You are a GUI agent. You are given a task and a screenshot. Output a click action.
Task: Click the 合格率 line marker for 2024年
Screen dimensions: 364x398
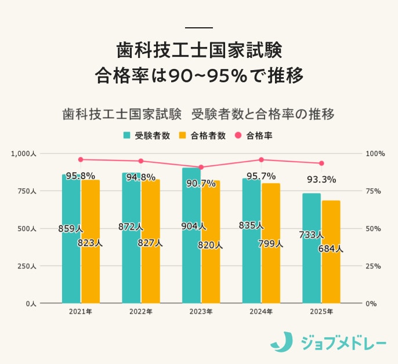[261, 159]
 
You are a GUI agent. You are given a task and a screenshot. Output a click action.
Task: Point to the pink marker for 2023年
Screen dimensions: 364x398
[201, 167]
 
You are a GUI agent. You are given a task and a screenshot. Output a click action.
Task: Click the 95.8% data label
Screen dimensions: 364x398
[80, 176]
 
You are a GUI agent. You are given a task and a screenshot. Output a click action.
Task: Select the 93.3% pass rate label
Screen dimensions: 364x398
[321, 180]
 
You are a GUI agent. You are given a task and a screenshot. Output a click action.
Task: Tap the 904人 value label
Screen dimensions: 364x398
[193, 226]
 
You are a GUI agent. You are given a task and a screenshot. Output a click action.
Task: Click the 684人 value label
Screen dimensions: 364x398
[330, 249]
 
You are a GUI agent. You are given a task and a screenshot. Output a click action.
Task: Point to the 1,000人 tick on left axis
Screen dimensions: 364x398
[24, 154]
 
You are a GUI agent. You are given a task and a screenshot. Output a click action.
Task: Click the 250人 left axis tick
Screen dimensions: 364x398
[27, 266]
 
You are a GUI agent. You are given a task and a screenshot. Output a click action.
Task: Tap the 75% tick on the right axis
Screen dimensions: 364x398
[374, 191]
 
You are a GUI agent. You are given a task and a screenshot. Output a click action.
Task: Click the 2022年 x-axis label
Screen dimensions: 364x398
[140, 312]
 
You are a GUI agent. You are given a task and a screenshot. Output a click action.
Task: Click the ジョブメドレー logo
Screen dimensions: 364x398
[328, 343]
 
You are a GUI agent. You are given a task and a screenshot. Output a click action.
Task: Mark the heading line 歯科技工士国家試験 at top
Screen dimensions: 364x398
[198, 50]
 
